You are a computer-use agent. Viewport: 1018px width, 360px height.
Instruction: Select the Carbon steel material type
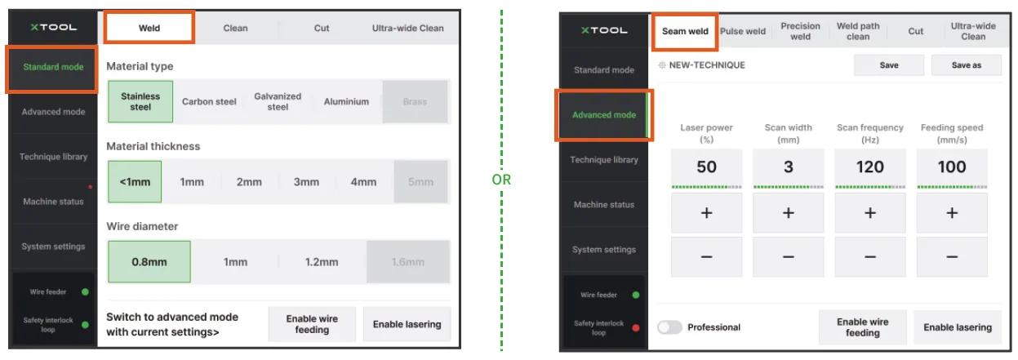(x=209, y=102)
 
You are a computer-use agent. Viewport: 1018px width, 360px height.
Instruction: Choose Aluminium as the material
(x=346, y=102)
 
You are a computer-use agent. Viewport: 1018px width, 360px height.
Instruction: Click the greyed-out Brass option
(x=415, y=102)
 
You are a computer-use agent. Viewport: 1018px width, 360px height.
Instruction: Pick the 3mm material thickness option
(x=306, y=182)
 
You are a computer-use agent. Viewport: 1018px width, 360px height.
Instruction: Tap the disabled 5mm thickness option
(x=421, y=182)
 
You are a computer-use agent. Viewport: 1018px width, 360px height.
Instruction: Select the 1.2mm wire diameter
(x=322, y=262)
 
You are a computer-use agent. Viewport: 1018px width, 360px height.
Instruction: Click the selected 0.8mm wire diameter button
(x=149, y=262)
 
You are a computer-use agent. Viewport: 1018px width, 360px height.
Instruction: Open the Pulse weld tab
(x=743, y=31)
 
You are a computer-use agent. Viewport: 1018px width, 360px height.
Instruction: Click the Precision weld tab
(x=800, y=31)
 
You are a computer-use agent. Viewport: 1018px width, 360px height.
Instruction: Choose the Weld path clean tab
(x=858, y=31)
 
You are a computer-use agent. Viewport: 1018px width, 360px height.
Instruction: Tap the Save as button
(x=967, y=65)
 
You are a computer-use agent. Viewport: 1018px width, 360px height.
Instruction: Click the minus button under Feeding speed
(x=952, y=257)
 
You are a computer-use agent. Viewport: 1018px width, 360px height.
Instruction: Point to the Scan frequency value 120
(x=870, y=167)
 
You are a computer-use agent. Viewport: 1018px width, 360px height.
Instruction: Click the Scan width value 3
(x=789, y=167)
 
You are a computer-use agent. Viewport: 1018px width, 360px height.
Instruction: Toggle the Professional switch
(x=670, y=327)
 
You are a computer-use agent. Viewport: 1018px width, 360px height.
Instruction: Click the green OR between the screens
(x=501, y=180)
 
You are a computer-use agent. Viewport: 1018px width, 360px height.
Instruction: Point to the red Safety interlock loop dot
(x=636, y=327)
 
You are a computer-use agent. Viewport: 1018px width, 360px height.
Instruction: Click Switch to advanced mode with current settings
(x=172, y=325)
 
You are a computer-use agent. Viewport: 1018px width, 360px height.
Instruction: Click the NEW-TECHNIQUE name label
(x=707, y=65)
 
